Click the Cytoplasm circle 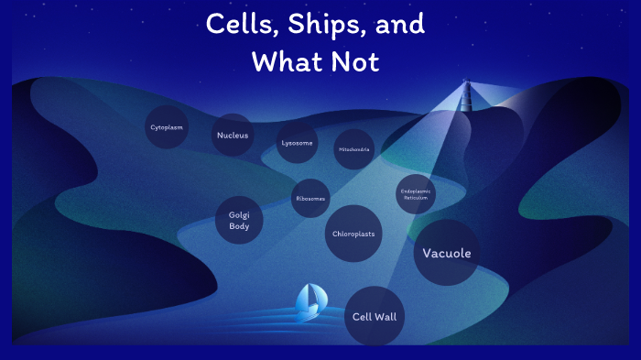click(x=166, y=127)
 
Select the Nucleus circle click(x=233, y=136)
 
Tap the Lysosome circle click(x=297, y=144)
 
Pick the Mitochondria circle click(x=353, y=148)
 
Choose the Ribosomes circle click(x=310, y=198)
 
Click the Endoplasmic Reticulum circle click(x=416, y=194)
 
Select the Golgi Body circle click(x=239, y=220)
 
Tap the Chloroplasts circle click(x=353, y=234)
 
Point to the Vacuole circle click(x=446, y=253)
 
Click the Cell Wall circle click(x=375, y=317)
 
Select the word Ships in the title click(x=316, y=26)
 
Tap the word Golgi click(x=239, y=214)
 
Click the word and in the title click(x=400, y=26)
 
